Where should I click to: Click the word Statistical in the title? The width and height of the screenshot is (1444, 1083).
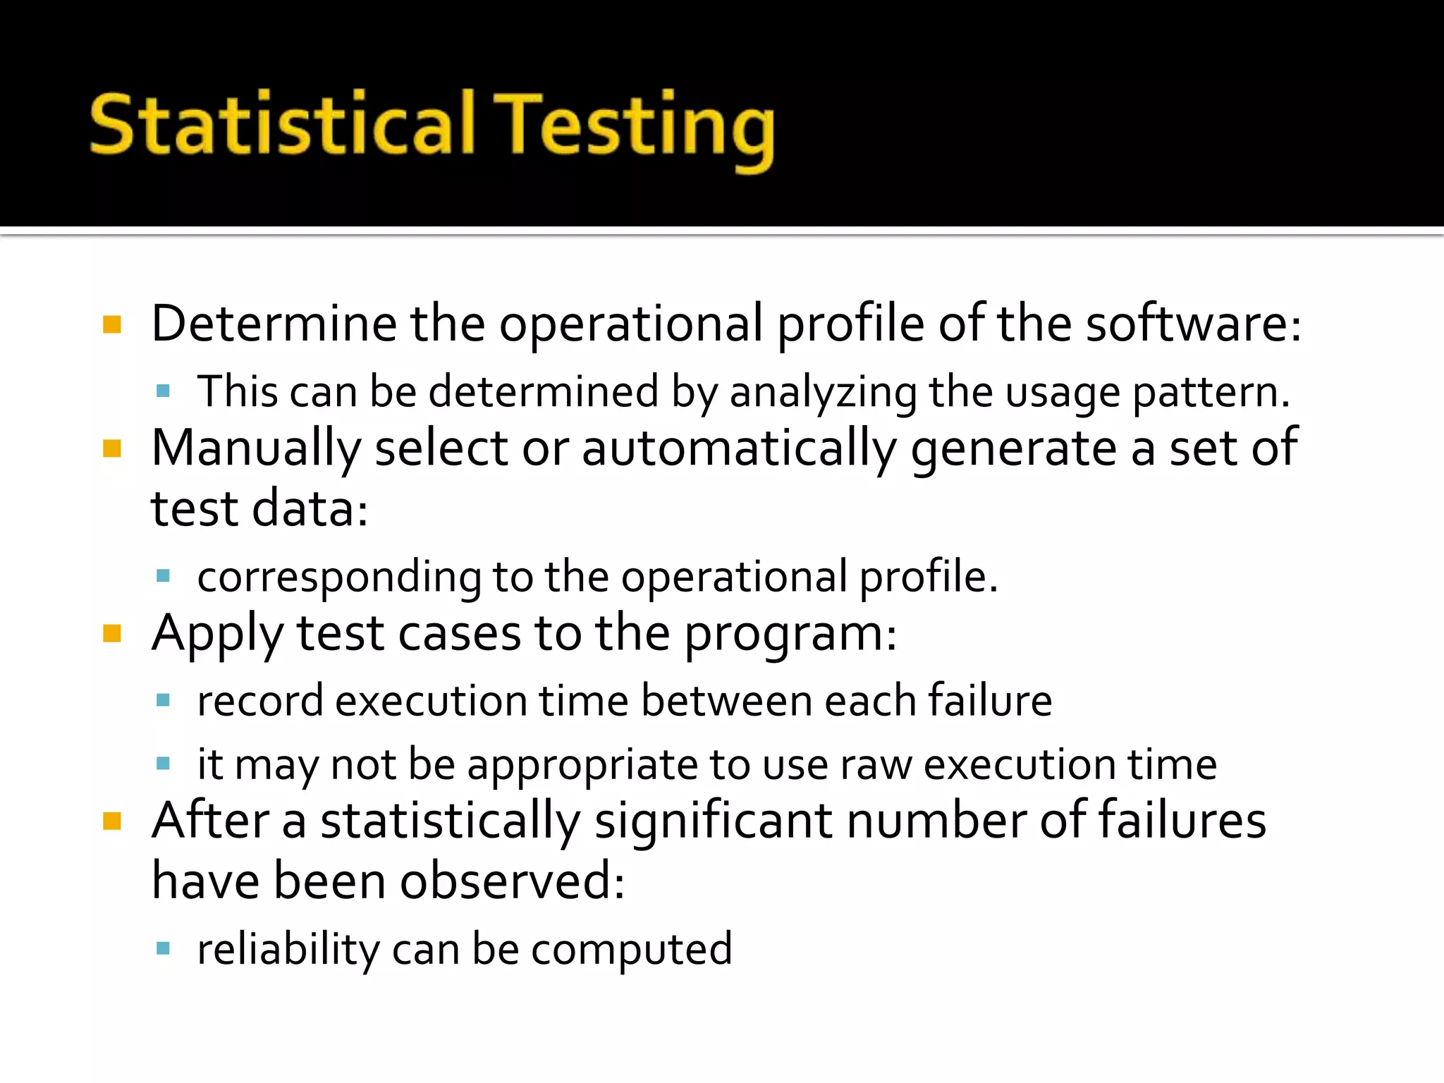pos(281,125)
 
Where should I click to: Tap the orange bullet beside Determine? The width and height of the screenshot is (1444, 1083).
pos(112,324)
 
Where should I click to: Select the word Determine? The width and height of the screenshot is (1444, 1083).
pos(274,324)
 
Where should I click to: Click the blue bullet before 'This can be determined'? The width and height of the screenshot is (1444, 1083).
pos(164,391)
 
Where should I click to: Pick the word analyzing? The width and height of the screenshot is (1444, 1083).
pos(823,392)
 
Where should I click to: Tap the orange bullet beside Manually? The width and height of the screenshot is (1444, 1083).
pos(112,448)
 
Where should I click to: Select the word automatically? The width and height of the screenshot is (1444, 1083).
pos(739,449)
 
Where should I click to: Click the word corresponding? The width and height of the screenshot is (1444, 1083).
pos(339,577)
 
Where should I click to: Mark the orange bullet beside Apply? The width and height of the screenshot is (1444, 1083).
pos(112,633)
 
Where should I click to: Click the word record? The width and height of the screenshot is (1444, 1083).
pos(260,701)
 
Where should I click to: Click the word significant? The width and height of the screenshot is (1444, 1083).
pos(713,821)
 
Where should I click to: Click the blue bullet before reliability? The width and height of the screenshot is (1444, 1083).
pos(164,948)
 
